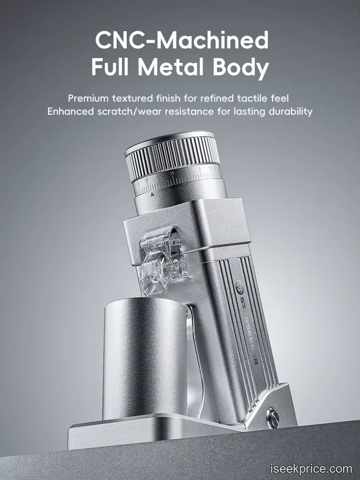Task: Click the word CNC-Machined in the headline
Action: click(x=182, y=40)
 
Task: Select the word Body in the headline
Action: click(x=241, y=68)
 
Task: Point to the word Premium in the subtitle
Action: click(x=88, y=98)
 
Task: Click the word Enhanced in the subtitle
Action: click(x=71, y=111)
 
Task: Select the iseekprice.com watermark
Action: click(x=312, y=468)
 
